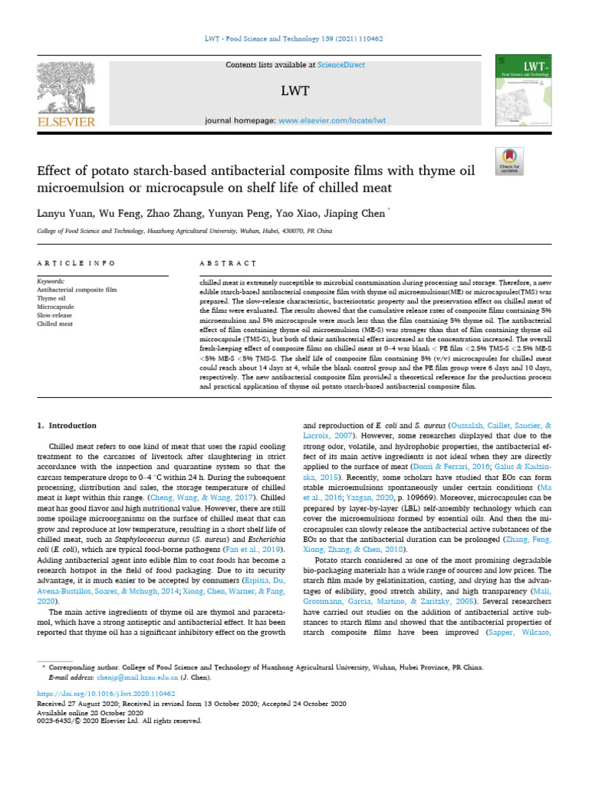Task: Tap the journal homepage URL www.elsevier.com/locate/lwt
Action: click(x=331, y=121)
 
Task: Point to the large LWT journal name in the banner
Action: click(x=294, y=92)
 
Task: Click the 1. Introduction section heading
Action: click(x=67, y=425)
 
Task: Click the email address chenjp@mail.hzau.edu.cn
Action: click(x=137, y=678)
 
